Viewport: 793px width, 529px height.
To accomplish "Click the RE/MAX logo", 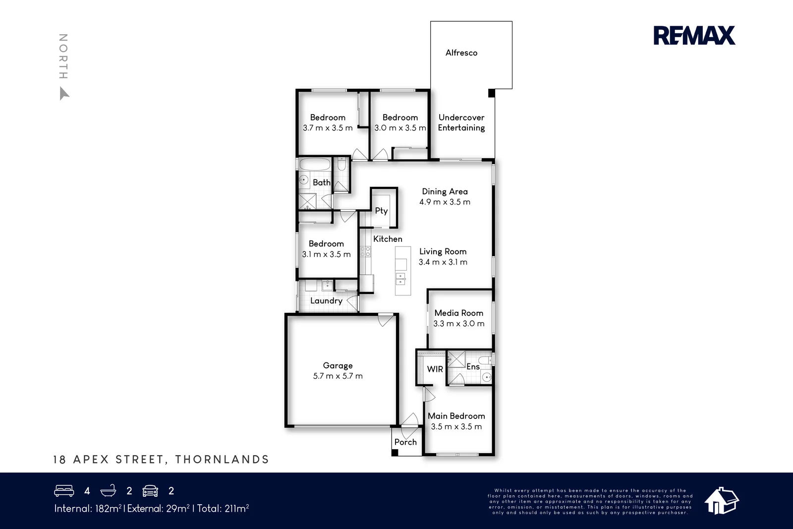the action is point(694,36).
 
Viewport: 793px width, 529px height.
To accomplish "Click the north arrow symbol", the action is point(64,93).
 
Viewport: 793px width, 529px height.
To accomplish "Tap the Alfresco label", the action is point(461,53).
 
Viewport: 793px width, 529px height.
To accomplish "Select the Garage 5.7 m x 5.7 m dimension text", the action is point(338,376).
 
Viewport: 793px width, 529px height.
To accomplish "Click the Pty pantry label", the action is point(381,211).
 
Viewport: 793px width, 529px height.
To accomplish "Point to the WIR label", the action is point(435,369).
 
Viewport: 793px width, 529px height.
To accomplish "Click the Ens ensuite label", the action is point(473,366).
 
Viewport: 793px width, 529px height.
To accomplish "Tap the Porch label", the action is point(405,442).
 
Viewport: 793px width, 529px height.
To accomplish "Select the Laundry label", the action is point(326,300).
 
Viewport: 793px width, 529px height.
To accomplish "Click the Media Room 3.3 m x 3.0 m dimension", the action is point(458,324).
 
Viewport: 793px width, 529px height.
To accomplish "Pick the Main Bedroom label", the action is point(456,416).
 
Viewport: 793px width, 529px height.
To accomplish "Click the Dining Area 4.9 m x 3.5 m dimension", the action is point(445,202).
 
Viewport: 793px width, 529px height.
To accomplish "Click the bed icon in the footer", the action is point(64,491).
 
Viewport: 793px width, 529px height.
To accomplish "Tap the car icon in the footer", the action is point(150,491).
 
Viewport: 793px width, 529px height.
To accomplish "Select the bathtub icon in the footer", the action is point(108,491).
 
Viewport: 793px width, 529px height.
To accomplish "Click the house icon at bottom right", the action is point(722,500).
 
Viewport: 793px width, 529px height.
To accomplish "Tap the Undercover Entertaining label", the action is point(461,122).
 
